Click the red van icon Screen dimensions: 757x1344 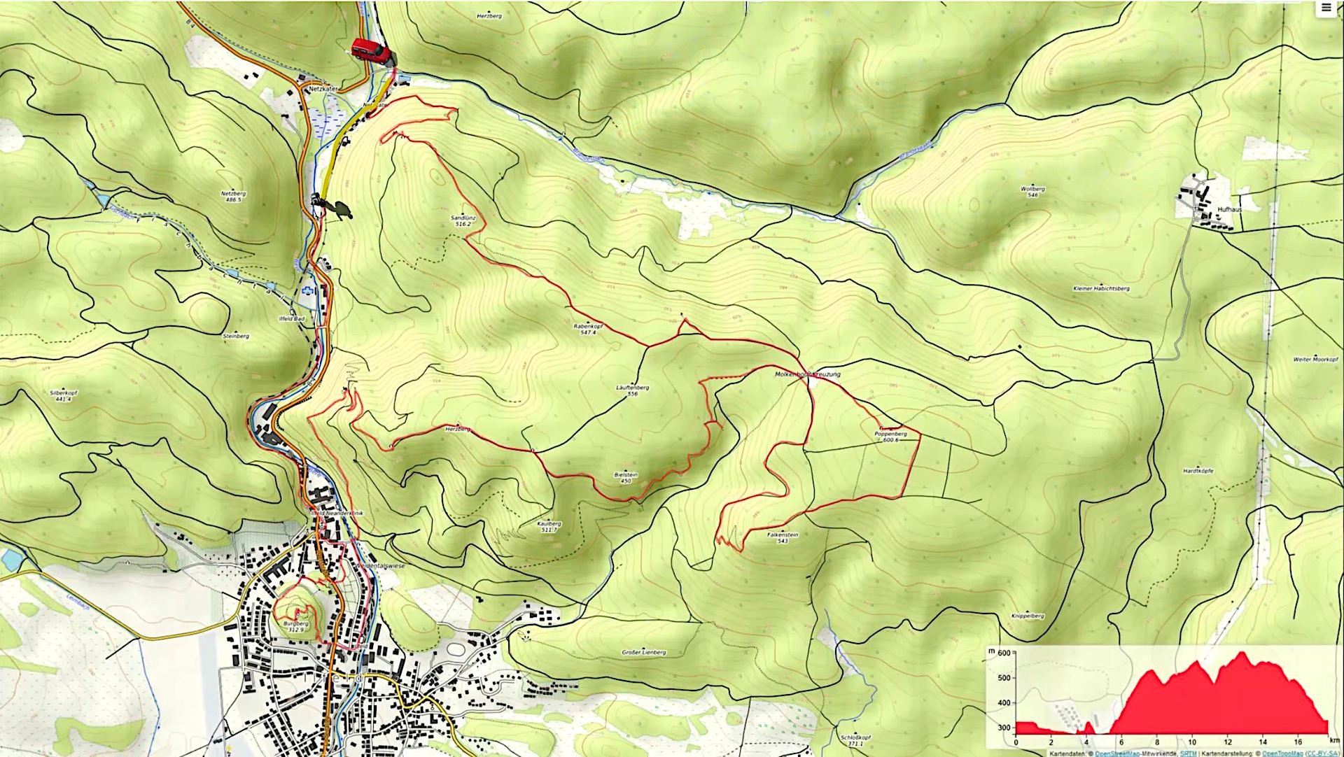pyautogui.click(x=370, y=52)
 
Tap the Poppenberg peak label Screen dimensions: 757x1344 pyautogui.click(x=890, y=434)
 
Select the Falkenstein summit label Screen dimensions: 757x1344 pyautogui.click(x=783, y=535)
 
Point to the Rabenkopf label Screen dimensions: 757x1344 pyautogui.click(x=588, y=326)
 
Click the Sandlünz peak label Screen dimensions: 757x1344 pyautogui.click(x=463, y=218)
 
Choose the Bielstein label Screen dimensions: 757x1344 pyautogui.click(x=624, y=474)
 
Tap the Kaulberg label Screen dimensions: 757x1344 pyautogui.click(x=549, y=523)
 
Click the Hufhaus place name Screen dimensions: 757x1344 pyautogui.click(x=1229, y=209)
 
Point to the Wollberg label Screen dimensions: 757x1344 pyautogui.click(x=1032, y=189)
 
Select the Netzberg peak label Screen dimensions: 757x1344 pyautogui.click(x=233, y=194)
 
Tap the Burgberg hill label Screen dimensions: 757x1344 pyautogui.click(x=296, y=623)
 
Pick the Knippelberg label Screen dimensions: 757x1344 pyautogui.click(x=1028, y=616)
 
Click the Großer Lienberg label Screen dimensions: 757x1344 pyautogui.click(x=644, y=652)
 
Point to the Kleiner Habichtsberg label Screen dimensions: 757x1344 pyautogui.click(x=1101, y=288)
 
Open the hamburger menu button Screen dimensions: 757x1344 pyautogui.click(x=1326, y=8)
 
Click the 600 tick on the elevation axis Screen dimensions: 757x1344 pyautogui.click(x=1004, y=653)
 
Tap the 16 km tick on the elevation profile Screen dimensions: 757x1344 pyautogui.click(x=1298, y=742)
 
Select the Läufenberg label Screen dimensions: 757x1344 pyautogui.click(x=632, y=388)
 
